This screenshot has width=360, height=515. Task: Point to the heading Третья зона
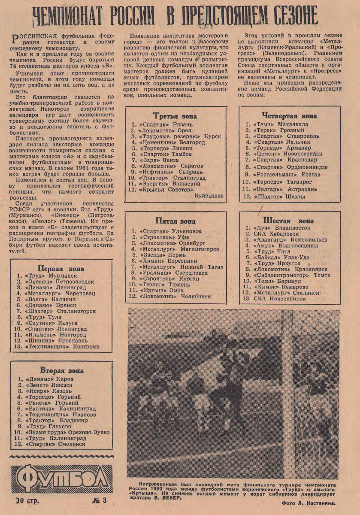click(175, 116)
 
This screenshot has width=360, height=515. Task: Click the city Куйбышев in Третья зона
click(209, 196)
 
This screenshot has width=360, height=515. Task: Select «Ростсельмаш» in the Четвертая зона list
click(274, 175)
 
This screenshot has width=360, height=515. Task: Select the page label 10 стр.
click(27, 500)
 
